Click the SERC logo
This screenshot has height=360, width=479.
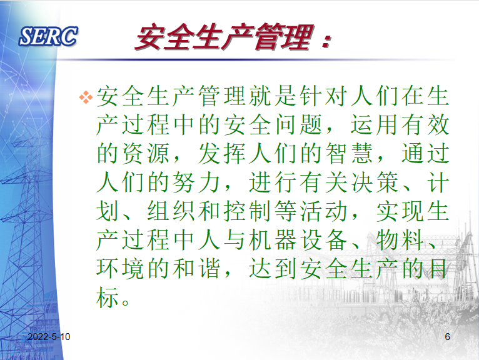(48, 36)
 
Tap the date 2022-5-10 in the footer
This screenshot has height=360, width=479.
(49, 337)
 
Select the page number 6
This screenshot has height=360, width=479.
(447, 337)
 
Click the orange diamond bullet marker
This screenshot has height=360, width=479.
(86, 97)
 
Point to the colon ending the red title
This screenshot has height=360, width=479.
(326, 41)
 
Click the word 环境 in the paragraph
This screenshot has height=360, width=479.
(120, 268)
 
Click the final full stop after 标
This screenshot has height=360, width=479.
(126, 302)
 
